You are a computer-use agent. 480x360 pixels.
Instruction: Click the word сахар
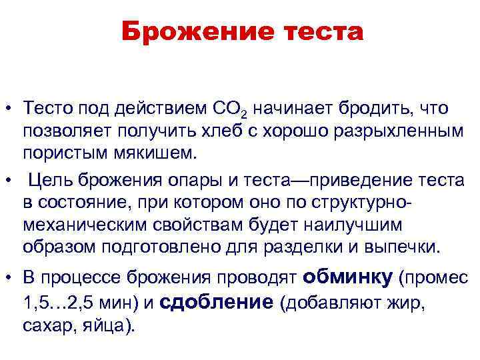click(50, 326)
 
